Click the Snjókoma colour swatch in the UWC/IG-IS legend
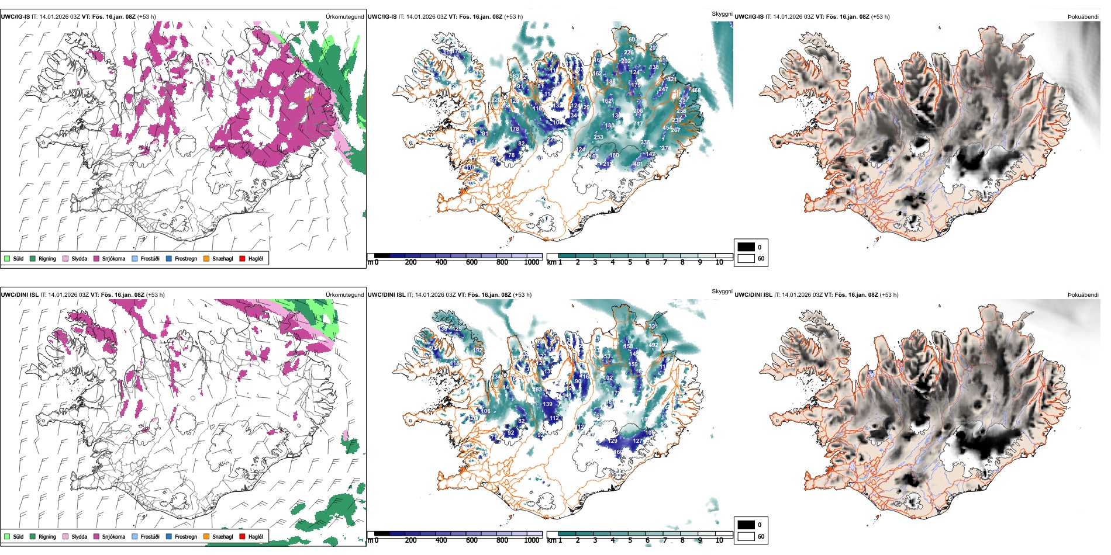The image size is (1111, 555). (x=96, y=258)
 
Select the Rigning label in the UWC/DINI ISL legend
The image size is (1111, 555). (x=47, y=536)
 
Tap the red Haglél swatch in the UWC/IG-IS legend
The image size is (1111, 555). (x=242, y=258)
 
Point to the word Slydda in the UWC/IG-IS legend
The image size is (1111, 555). (x=80, y=258)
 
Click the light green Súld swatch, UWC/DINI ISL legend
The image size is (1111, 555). (x=7, y=536)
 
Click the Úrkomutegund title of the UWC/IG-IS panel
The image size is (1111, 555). (x=344, y=16)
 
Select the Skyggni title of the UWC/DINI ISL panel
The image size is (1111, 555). (x=722, y=291)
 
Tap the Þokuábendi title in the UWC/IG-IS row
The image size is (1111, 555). (x=1083, y=16)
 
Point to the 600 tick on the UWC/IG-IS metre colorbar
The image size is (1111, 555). (x=472, y=262)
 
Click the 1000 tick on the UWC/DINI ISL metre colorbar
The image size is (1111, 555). (x=532, y=540)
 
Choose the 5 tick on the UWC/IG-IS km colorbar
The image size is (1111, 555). (x=630, y=262)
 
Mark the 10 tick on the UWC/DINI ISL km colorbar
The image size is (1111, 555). (x=719, y=540)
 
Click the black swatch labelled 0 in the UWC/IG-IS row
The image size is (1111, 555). (x=746, y=247)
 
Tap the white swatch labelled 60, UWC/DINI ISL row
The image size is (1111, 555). (x=746, y=536)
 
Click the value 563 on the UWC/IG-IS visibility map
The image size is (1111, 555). (x=515, y=76)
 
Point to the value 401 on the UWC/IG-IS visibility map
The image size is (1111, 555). (x=637, y=164)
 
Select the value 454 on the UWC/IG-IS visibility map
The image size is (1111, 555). (x=667, y=128)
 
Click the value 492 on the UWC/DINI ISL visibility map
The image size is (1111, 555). (x=653, y=345)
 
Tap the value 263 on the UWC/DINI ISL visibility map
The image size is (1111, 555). (x=537, y=389)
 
